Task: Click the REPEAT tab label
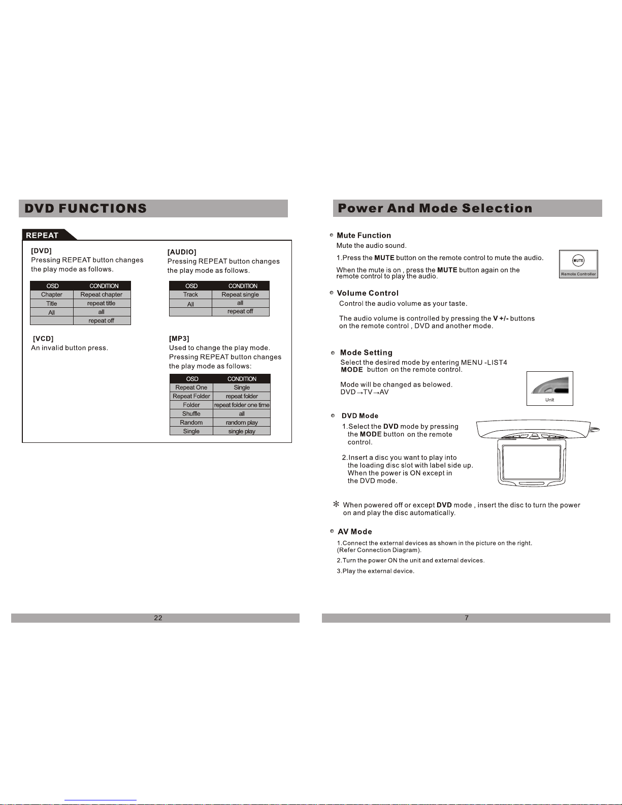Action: (42, 235)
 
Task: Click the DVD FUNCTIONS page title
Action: (85, 208)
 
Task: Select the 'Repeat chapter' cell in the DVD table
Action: (102, 295)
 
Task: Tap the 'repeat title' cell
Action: (102, 303)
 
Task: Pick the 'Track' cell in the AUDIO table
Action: (190, 295)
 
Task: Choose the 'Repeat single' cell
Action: (240, 295)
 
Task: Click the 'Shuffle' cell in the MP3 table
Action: (191, 414)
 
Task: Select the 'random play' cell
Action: (242, 423)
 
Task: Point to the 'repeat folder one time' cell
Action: (242, 405)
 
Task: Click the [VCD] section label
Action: (43, 339)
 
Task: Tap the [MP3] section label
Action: (179, 339)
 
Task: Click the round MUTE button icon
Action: (578, 261)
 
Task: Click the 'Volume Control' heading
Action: (368, 293)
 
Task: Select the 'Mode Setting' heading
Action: (366, 352)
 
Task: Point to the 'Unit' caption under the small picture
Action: (549, 400)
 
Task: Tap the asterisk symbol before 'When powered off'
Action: (336, 504)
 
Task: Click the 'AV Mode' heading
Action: (355, 532)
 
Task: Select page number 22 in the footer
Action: (158, 618)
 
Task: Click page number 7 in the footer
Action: (467, 618)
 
